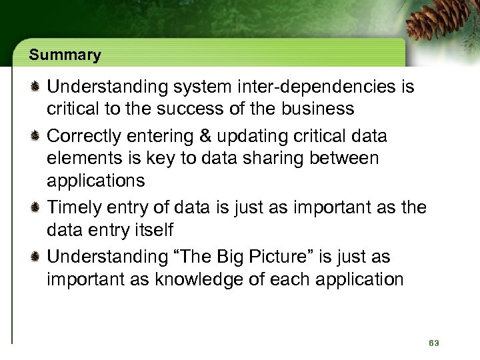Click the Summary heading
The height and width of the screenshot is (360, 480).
click(x=65, y=55)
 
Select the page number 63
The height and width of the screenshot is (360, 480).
click(x=434, y=343)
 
